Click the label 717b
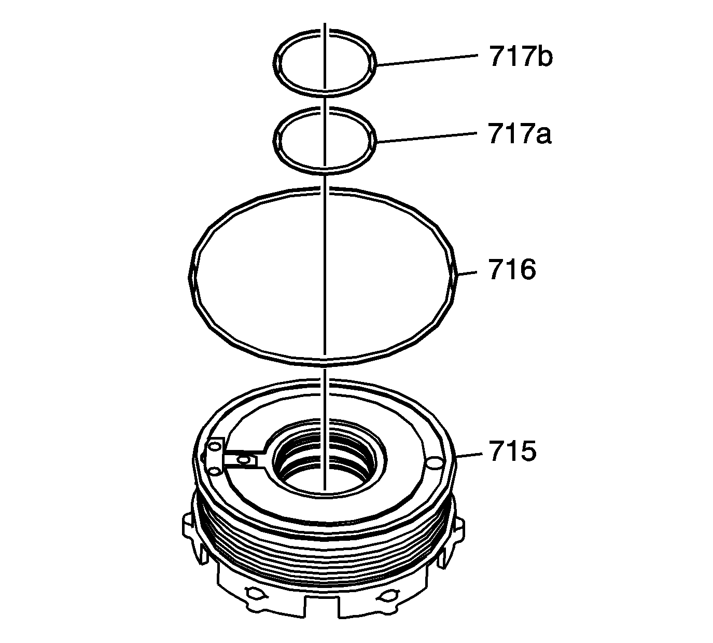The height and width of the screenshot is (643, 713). coord(521,56)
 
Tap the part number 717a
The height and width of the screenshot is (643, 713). coord(520,134)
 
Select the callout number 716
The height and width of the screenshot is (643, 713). coord(512,270)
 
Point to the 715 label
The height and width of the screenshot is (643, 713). coord(512,451)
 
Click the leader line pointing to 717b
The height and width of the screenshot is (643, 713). coord(427,60)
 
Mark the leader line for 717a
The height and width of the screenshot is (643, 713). coord(427,138)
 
